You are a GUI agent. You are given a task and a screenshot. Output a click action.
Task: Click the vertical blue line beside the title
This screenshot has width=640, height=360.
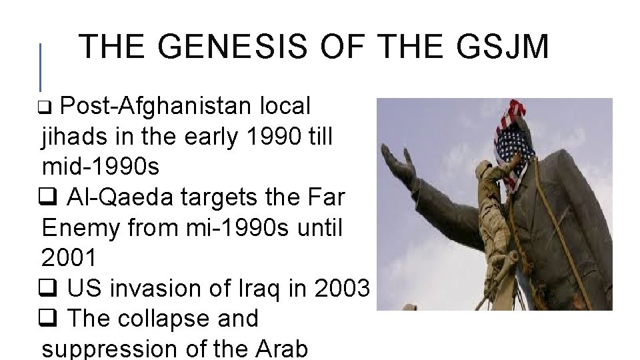click(x=41, y=67)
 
